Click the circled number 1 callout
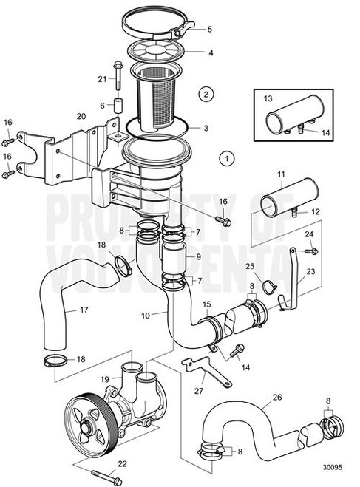pos(227,157)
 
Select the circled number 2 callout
pos(206,93)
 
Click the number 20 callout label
pos(81,115)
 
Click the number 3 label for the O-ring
pos(206,128)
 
